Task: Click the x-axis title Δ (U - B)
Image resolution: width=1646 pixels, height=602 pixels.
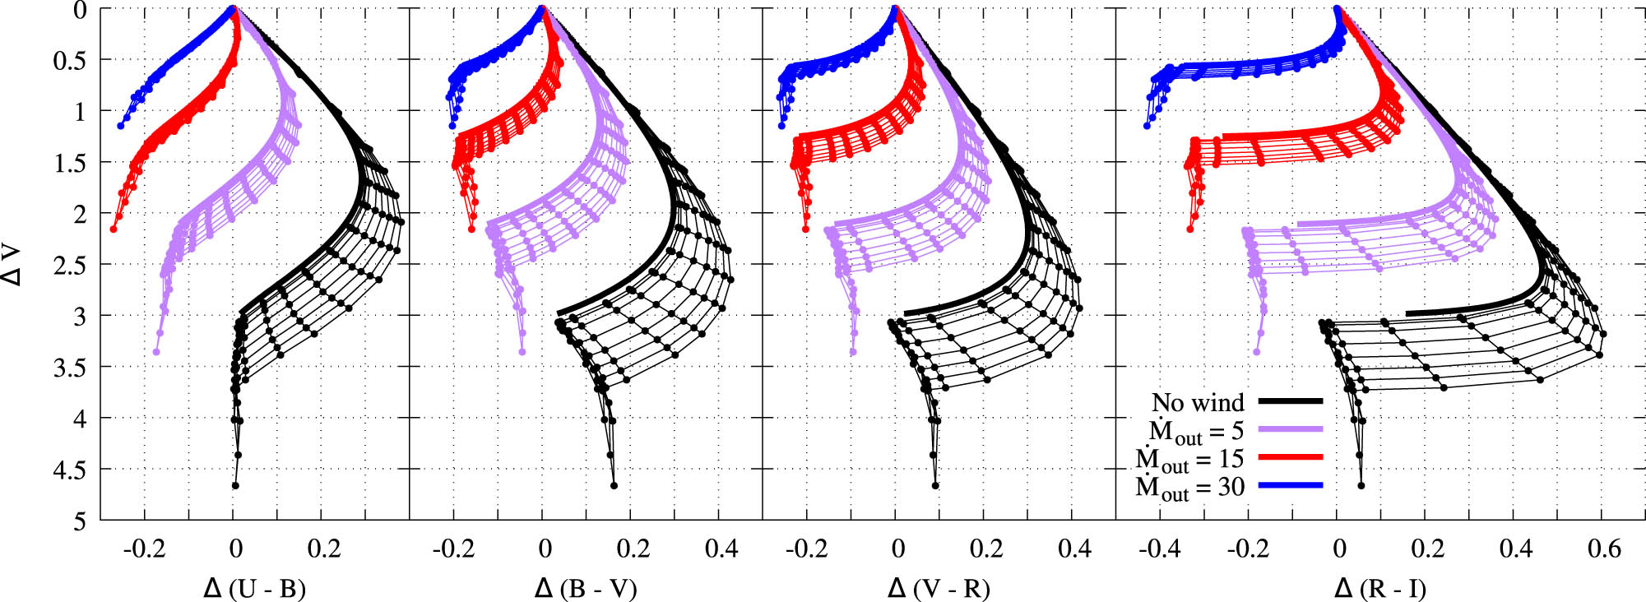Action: coord(254,589)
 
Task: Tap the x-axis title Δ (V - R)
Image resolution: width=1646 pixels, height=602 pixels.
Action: coord(939,589)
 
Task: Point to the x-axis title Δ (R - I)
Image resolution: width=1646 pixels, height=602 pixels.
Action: coord(1379,589)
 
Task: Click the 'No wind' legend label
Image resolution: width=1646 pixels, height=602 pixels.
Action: coord(1197,402)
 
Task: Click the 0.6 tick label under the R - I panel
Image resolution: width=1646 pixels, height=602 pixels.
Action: coord(1603,549)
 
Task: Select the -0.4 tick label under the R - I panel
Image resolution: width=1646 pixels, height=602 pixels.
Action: coord(1159,549)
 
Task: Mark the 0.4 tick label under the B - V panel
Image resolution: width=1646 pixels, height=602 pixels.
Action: coord(721,549)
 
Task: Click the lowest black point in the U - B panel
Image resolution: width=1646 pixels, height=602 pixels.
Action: coord(235,486)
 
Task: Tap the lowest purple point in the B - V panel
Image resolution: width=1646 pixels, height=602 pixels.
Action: coord(522,352)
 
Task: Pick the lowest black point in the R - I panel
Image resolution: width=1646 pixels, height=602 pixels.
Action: coord(1361,486)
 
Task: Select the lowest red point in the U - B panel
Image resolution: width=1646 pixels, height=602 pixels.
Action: coord(114,229)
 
